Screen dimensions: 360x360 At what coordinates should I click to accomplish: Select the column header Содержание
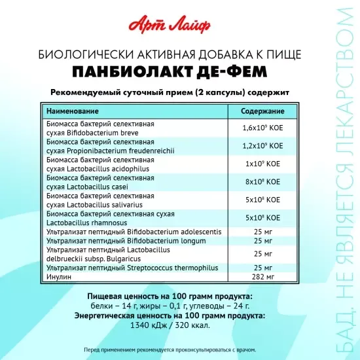pos(262,111)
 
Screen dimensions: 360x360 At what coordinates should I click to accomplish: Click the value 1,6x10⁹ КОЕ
pos(262,128)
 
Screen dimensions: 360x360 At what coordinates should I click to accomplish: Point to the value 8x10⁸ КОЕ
pos(262,181)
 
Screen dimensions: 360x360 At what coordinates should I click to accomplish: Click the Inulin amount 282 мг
pos(262,276)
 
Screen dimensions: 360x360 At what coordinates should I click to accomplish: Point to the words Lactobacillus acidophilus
pos(105,168)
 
